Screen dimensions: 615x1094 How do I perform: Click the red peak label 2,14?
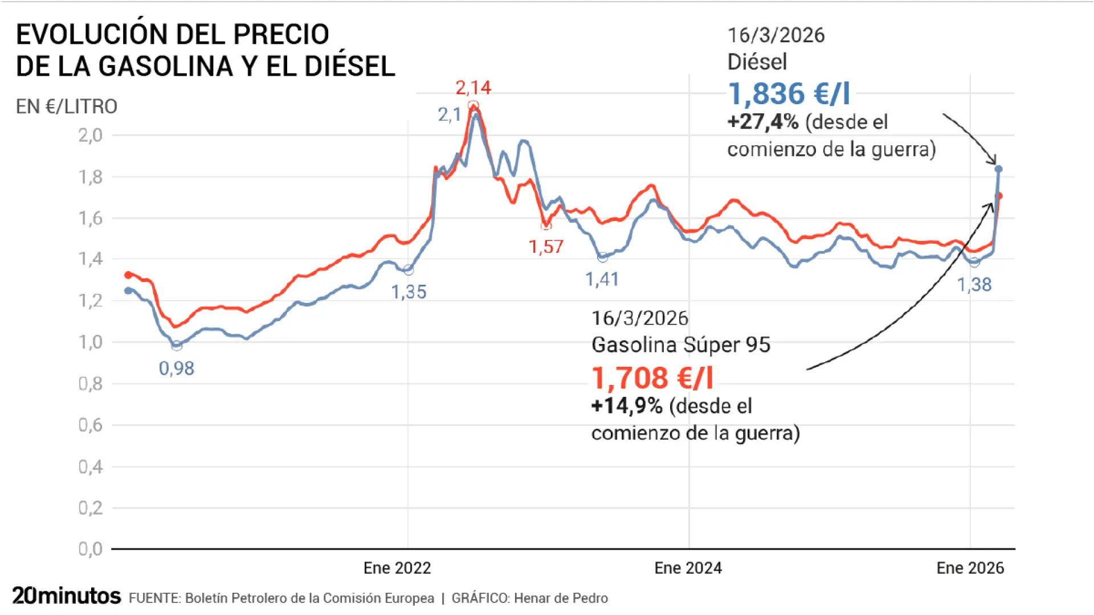point(473,88)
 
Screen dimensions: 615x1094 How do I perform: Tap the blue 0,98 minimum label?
point(176,368)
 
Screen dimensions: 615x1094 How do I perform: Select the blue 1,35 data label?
point(409,292)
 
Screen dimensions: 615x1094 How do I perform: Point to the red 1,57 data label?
point(545,247)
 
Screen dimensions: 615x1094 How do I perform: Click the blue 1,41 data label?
point(602,279)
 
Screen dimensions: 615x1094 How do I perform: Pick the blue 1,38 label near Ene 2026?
point(974,285)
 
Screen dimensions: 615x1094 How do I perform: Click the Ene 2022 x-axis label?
point(397,568)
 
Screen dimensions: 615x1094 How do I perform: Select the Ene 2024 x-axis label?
point(688,568)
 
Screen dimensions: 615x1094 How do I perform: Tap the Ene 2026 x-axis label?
point(970,568)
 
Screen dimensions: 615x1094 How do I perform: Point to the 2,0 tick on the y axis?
point(90,136)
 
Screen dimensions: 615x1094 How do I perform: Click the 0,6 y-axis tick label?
point(90,425)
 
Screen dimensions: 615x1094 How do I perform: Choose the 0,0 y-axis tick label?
point(90,549)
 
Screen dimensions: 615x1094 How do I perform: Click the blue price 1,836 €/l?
point(789,94)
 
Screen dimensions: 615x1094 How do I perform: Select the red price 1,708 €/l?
point(652,378)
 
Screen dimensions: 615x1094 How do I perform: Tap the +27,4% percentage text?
point(762,122)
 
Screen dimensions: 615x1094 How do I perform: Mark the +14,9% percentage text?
point(627,406)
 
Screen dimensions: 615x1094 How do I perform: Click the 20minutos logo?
point(66,596)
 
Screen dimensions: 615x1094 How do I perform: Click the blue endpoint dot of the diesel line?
point(998,169)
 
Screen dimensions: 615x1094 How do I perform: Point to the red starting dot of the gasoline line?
point(128,275)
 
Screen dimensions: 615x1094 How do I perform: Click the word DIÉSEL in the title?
point(349,66)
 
